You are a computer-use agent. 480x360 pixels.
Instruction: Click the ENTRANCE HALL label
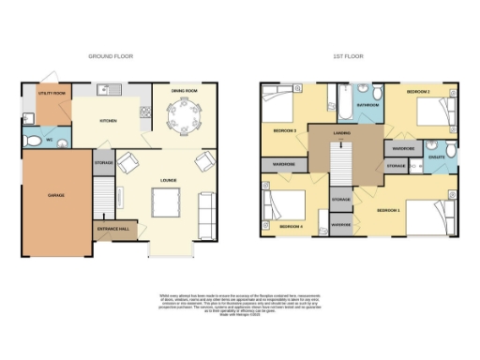coord(113,227)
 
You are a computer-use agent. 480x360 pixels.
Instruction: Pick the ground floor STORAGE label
coord(104,164)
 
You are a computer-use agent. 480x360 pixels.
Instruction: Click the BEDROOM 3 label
coord(285,129)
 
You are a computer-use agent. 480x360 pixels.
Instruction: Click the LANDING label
coord(341,133)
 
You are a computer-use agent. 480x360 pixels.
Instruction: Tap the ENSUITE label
coord(436,157)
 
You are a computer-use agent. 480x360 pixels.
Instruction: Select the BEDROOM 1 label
coord(388,211)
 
